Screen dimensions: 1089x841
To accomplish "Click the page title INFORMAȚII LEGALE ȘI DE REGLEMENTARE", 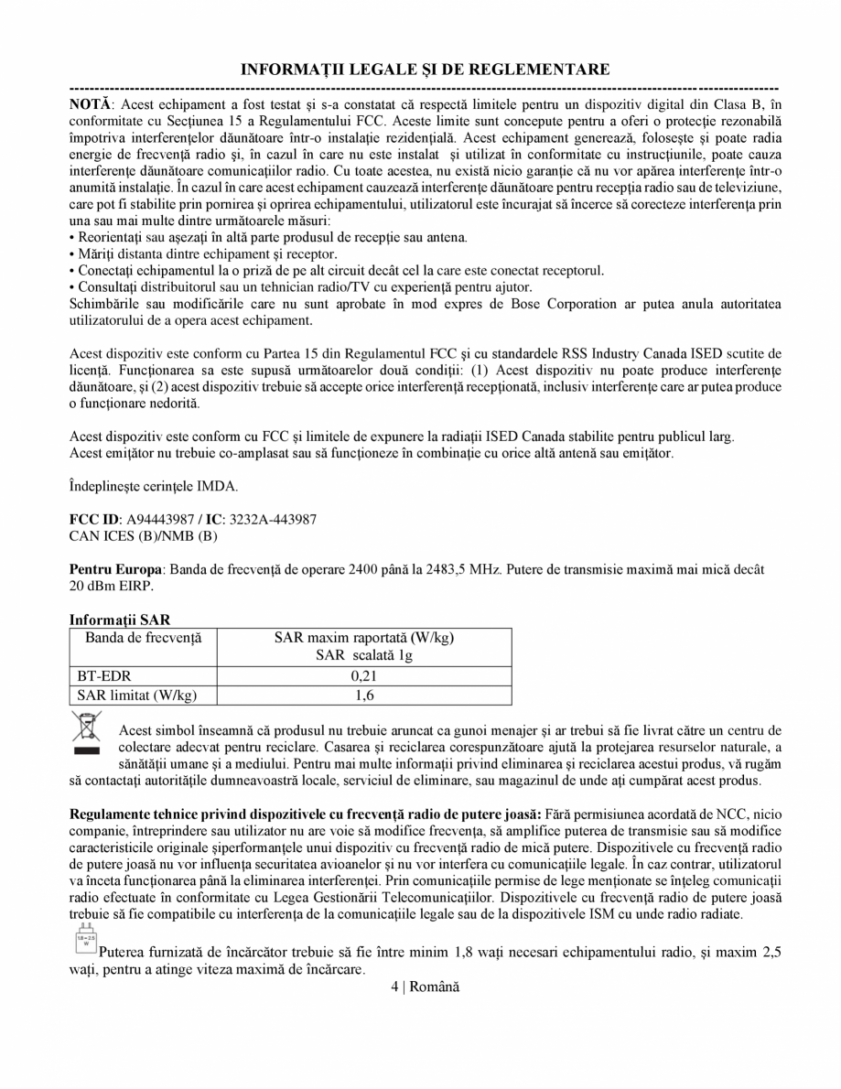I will click(x=425, y=70).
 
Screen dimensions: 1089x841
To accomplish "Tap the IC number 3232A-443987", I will click(x=273, y=519).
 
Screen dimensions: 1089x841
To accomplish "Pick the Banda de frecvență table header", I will click(x=143, y=637).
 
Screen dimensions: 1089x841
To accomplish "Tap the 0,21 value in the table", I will click(x=364, y=676).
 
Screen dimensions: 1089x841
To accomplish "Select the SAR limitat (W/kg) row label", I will click(x=135, y=695).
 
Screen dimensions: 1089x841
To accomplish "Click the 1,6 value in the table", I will click(x=364, y=695).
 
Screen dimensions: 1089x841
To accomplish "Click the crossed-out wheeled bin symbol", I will click(x=86, y=732).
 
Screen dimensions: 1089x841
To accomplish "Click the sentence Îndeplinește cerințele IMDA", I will click(x=153, y=485).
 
